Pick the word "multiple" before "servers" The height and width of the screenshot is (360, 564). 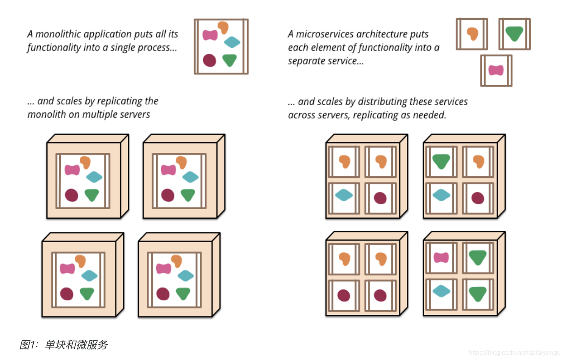pyautogui.click(x=100, y=114)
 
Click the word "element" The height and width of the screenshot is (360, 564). pyautogui.click(x=333, y=47)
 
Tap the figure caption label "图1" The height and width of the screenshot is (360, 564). pyautogui.click(x=28, y=345)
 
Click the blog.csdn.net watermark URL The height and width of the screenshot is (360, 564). pyautogui.click(x=514, y=353)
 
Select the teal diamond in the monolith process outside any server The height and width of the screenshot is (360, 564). pyautogui.click(x=232, y=42)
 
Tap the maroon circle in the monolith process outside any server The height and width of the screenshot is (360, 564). pyautogui.click(x=209, y=60)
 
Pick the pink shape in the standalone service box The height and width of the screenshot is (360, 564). pyautogui.click(x=496, y=70)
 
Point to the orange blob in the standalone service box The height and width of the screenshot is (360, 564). pyautogui.click(x=473, y=33)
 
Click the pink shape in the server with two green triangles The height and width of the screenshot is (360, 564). pyautogui.click(x=441, y=258)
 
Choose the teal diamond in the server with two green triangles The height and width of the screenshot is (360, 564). pyautogui.click(x=441, y=291)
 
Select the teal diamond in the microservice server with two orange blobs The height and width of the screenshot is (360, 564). pyautogui.click(x=344, y=194)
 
